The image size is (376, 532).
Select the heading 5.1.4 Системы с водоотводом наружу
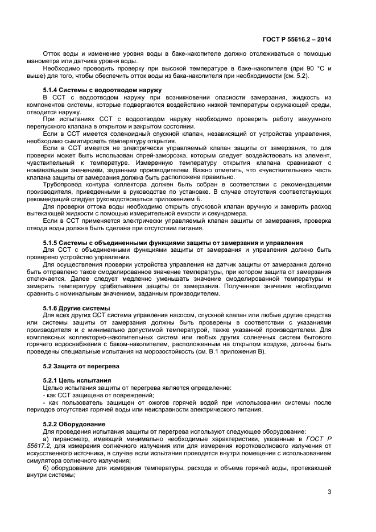click(102, 90)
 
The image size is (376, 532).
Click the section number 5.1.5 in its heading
click(52, 243)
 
